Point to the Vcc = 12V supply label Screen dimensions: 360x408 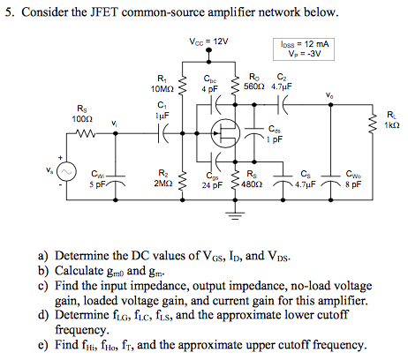(x=208, y=41)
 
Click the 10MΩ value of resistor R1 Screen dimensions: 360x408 (x=161, y=89)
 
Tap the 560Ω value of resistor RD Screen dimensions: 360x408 (x=253, y=88)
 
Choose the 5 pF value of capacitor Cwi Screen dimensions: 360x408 (x=97, y=184)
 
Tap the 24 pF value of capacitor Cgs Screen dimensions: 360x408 (x=210, y=185)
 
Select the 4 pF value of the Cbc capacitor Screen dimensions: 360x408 (x=208, y=89)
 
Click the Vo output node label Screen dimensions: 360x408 (x=329, y=95)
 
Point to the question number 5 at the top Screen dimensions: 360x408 (x=9, y=12)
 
